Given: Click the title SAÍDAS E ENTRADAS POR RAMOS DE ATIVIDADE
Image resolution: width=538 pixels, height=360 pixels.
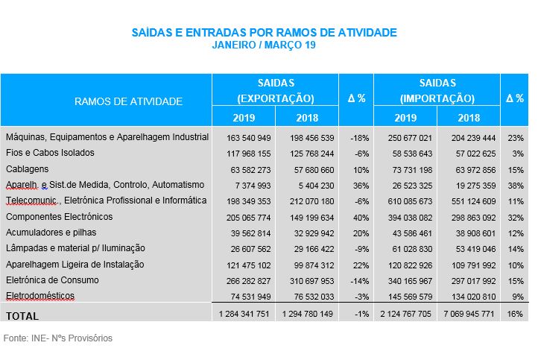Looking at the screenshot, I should (265, 32).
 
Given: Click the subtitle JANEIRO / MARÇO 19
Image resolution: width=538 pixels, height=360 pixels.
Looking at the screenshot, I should (265, 45).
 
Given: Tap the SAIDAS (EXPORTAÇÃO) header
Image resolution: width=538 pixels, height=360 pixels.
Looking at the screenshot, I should (275, 90).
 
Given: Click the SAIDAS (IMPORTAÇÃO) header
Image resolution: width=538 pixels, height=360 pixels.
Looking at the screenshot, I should (437, 90).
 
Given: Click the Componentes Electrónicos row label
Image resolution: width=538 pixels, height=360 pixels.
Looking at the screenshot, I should (59, 217).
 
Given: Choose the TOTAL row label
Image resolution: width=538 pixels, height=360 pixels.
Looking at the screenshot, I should (22, 315).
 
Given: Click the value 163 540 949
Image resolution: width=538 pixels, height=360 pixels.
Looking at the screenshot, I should (244, 138).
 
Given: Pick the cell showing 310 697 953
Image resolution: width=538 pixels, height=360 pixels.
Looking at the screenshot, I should (307, 280).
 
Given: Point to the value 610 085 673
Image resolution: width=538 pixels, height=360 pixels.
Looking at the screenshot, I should (405, 201).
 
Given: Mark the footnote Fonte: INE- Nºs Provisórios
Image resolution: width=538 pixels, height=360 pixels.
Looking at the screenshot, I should (58, 338).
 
